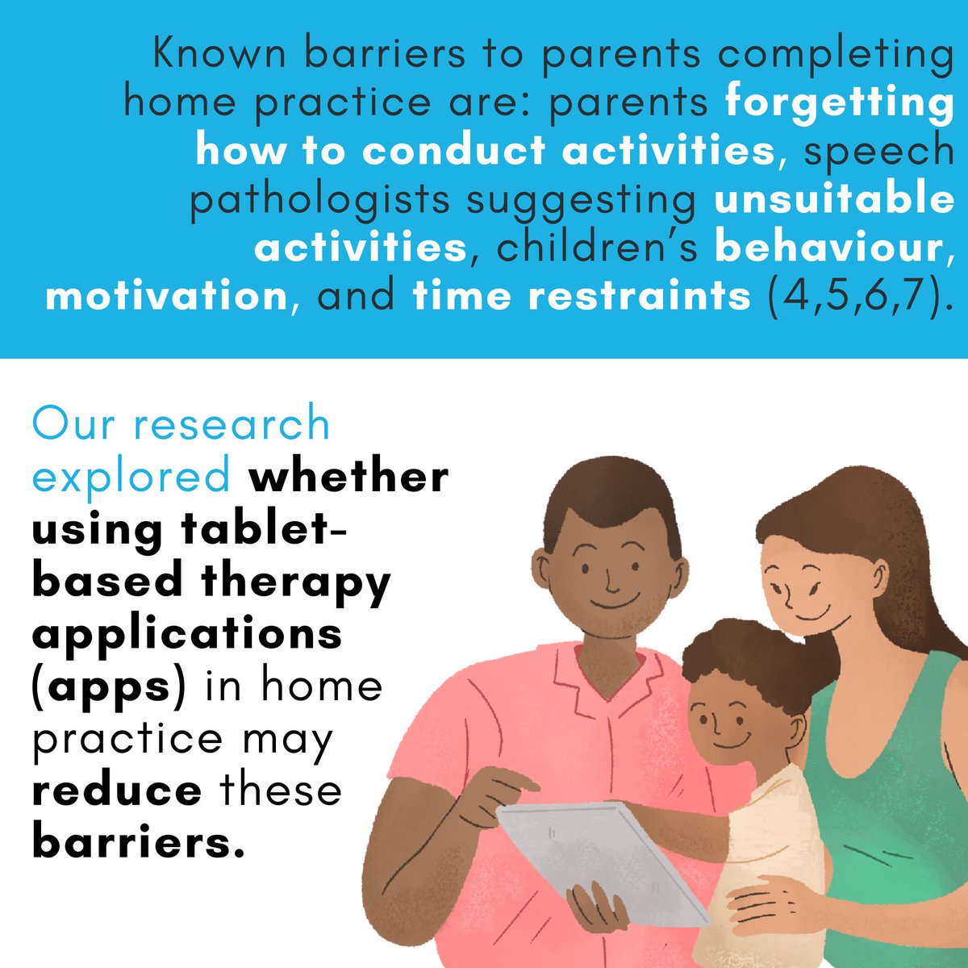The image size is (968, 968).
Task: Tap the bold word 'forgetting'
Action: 839,102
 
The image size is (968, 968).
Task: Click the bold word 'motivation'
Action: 166,296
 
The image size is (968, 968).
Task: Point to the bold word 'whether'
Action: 348,476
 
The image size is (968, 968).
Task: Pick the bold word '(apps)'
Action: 109,686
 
